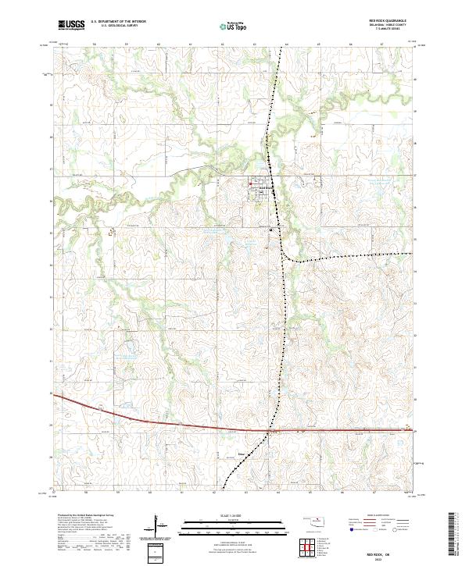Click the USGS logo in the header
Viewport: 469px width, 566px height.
tap(71, 25)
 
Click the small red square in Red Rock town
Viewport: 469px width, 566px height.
tap(250, 184)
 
